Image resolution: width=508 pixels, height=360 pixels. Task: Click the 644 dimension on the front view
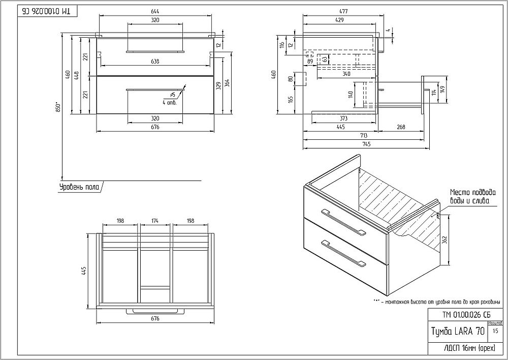155,12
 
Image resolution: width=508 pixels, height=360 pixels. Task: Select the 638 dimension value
155,62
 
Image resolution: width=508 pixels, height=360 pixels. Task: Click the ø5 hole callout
173,95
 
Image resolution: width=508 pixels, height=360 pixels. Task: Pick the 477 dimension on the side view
340,12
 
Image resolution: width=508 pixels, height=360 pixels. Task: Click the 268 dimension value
401,127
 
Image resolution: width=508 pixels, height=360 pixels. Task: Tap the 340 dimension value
346,74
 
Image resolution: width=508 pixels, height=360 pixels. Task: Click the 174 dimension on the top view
155,221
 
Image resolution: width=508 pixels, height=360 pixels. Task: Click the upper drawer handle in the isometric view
343,222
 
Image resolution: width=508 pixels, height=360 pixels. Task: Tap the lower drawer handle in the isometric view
343,253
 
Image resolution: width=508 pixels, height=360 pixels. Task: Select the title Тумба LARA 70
457,332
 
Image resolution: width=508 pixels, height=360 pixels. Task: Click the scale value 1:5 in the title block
495,331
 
